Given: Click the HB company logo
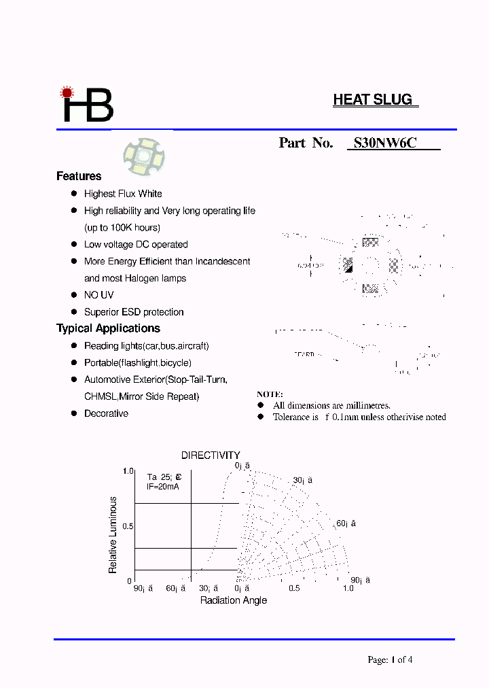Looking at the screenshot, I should pyautogui.click(x=88, y=105).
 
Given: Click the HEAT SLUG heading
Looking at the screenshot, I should pyautogui.click(x=373, y=100).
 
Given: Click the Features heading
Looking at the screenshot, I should pyautogui.click(x=79, y=176).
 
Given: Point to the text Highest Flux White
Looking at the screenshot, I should pyautogui.click(x=123, y=194).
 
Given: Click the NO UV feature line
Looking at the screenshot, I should pyautogui.click(x=98, y=295).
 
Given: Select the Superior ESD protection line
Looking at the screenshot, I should pyautogui.click(x=134, y=312).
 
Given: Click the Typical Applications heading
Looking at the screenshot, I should pyautogui.click(x=108, y=328).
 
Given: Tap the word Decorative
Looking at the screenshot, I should pyautogui.click(x=106, y=413).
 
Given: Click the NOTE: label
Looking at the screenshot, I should pyautogui.click(x=270, y=394).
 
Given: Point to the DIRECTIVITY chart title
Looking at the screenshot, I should pyautogui.click(x=211, y=455).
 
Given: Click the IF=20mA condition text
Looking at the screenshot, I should pyautogui.click(x=163, y=487).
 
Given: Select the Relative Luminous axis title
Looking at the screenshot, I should pyautogui.click(x=113, y=534).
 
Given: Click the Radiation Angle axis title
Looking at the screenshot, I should pyautogui.click(x=234, y=600).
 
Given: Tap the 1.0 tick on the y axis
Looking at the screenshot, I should pyautogui.click(x=128, y=471).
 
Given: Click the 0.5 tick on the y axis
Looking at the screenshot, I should pyautogui.click(x=128, y=526).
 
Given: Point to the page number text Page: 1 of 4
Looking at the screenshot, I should pyautogui.click(x=390, y=659).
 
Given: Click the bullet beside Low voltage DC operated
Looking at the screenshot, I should pyautogui.click(x=74, y=244).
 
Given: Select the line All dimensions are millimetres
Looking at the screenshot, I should pyautogui.click(x=331, y=405).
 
